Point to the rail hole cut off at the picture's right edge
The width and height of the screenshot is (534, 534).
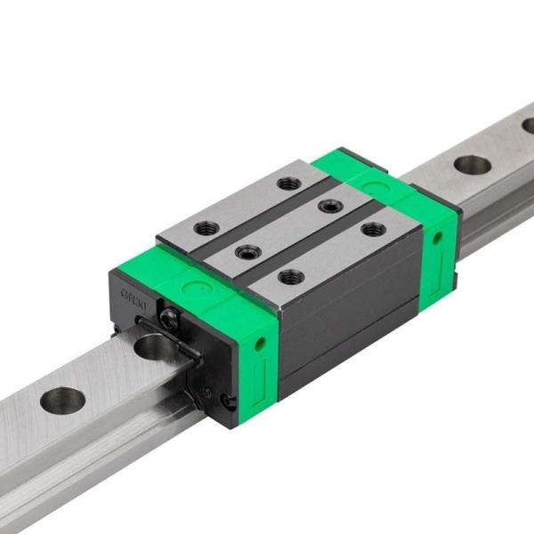point(529,126)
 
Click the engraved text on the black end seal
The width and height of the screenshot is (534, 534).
point(134,289)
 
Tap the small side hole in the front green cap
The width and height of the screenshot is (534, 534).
point(259,341)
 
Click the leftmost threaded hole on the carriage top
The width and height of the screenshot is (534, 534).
point(206,227)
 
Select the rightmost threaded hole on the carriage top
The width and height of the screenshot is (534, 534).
point(369,230)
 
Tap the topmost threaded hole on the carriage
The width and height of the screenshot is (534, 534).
point(287,183)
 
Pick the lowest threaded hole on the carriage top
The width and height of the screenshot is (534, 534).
point(290,277)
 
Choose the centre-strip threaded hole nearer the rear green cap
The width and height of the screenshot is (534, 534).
point(330,206)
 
